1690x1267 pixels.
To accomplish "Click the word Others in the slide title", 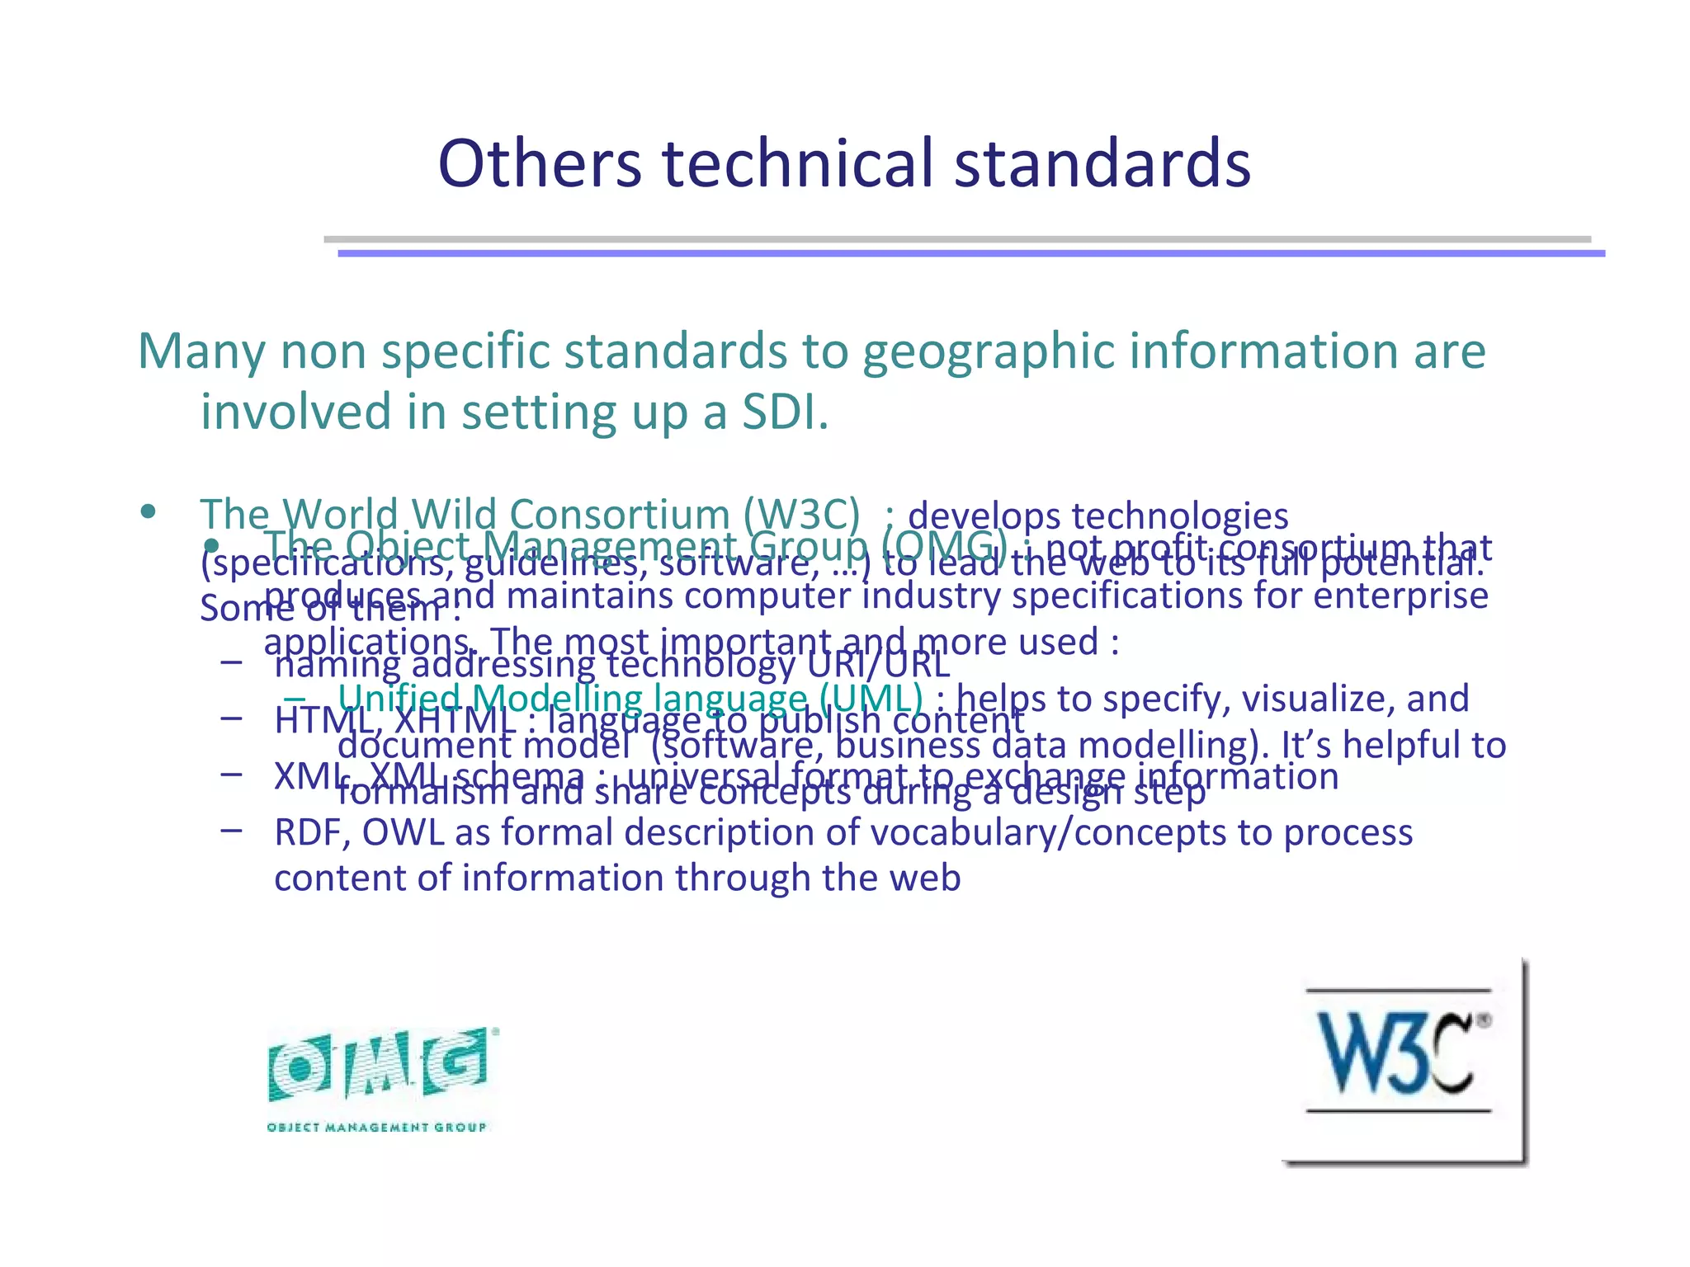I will (540, 162).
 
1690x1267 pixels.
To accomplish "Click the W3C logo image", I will (1402, 1060).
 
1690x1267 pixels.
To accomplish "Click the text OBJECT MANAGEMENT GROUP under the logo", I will (377, 1128).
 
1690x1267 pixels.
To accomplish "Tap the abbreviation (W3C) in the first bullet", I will (801, 515).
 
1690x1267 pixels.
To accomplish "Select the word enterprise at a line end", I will (1400, 596).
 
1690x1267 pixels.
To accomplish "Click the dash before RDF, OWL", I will (232, 830).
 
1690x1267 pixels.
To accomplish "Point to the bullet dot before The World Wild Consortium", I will (148, 513).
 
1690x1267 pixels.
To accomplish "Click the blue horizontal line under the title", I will (970, 254).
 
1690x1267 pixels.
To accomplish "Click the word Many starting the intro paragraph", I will (202, 351).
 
